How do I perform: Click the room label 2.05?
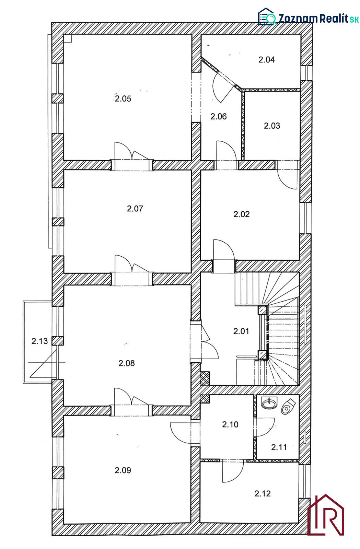tap(123, 99)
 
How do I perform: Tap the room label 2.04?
tap(266, 60)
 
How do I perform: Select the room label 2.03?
tap(272, 126)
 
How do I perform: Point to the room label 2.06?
tap(219, 117)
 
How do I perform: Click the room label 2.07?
tap(135, 209)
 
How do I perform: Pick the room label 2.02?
tap(241, 214)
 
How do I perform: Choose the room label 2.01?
tap(241, 331)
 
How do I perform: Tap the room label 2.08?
tap(126, 363)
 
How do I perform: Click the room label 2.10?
tap(230, 424)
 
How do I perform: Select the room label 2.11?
tap(279, 447)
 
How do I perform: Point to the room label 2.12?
tap(263, 494)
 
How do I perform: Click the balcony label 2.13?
tap(39, 341)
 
